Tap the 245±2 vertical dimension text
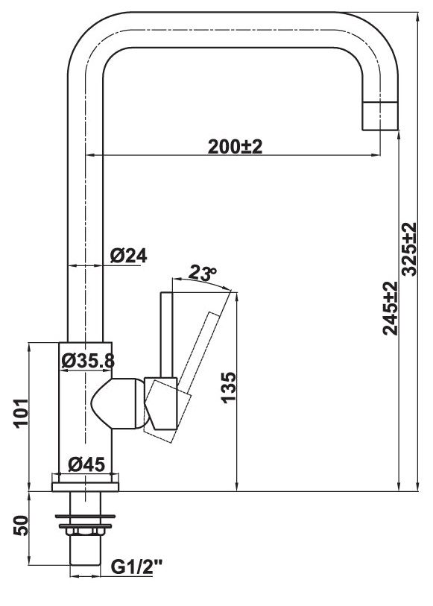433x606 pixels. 390,308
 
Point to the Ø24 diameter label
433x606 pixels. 128,255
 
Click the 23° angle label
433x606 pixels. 200,274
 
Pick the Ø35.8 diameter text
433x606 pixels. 87,361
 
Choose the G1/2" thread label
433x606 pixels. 136,569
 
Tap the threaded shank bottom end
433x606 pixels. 85,559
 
